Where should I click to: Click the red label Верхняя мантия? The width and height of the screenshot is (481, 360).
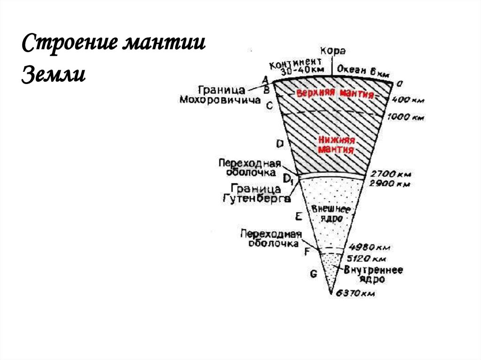335,93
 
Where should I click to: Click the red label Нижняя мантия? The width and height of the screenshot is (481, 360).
335,145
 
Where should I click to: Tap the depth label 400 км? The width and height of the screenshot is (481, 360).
408,100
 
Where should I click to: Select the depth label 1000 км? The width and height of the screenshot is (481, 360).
406,118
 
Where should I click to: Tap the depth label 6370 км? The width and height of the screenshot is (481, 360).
355,294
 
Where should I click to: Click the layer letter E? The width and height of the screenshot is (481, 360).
298,216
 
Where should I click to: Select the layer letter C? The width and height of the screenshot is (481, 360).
269,106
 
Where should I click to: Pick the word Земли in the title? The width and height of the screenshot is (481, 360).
53,73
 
